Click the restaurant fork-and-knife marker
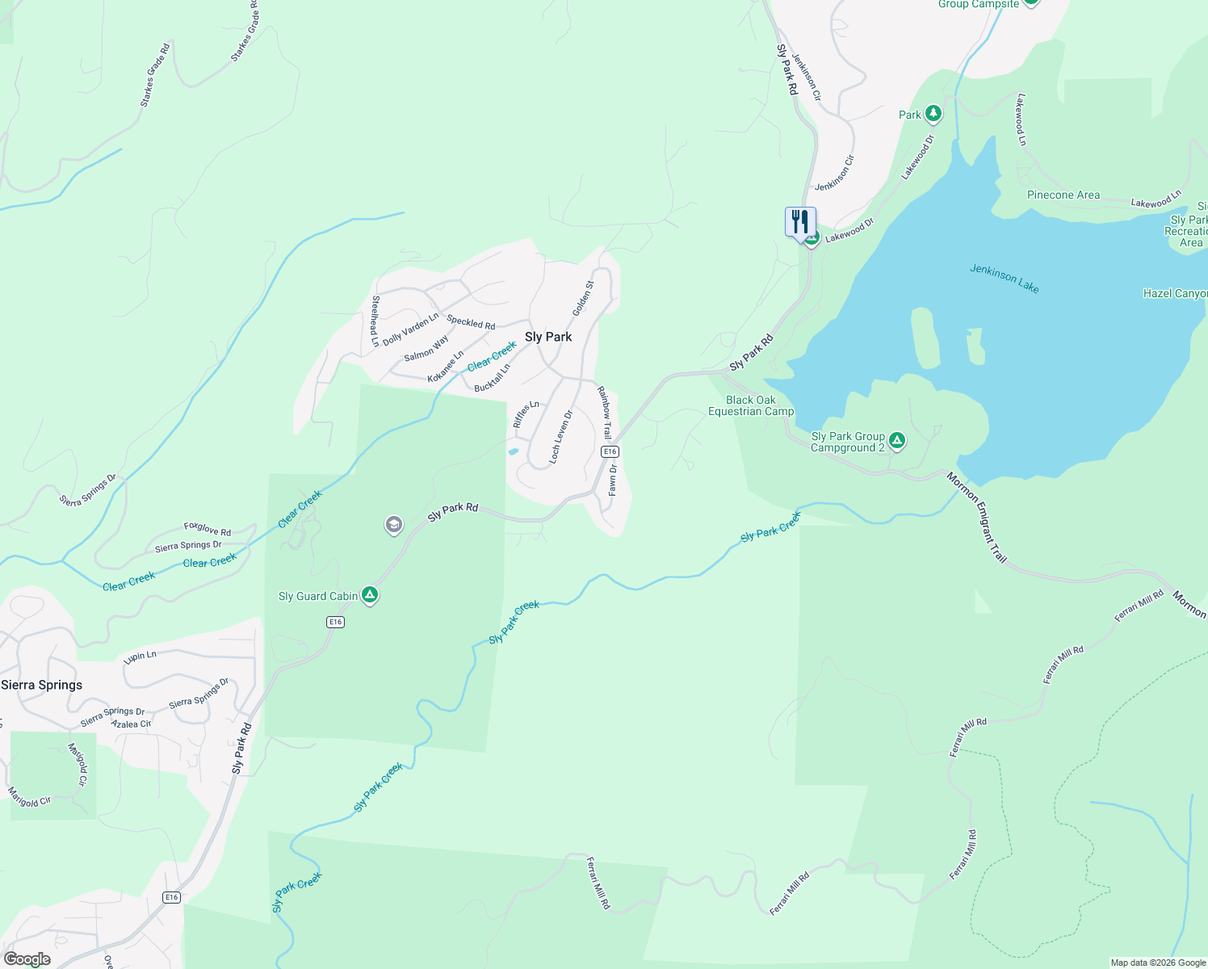tap(800, 220)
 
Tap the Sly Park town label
tap(548, 337)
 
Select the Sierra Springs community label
tap(42, 685)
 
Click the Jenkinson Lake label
tap(1005, 279)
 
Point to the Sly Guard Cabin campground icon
tap(370, 596)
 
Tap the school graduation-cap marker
tap(393, 526)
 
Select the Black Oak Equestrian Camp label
tap(751, 405)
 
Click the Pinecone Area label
tap(1063, 195)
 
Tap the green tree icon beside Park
tap(933, 114)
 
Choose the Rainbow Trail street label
tap(604, 413)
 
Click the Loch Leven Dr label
tap(560, 437)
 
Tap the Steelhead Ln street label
tap(375, 321)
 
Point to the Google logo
tap(27, 959)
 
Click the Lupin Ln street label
tap(140, 656)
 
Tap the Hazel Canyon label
tap(1175, 293)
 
